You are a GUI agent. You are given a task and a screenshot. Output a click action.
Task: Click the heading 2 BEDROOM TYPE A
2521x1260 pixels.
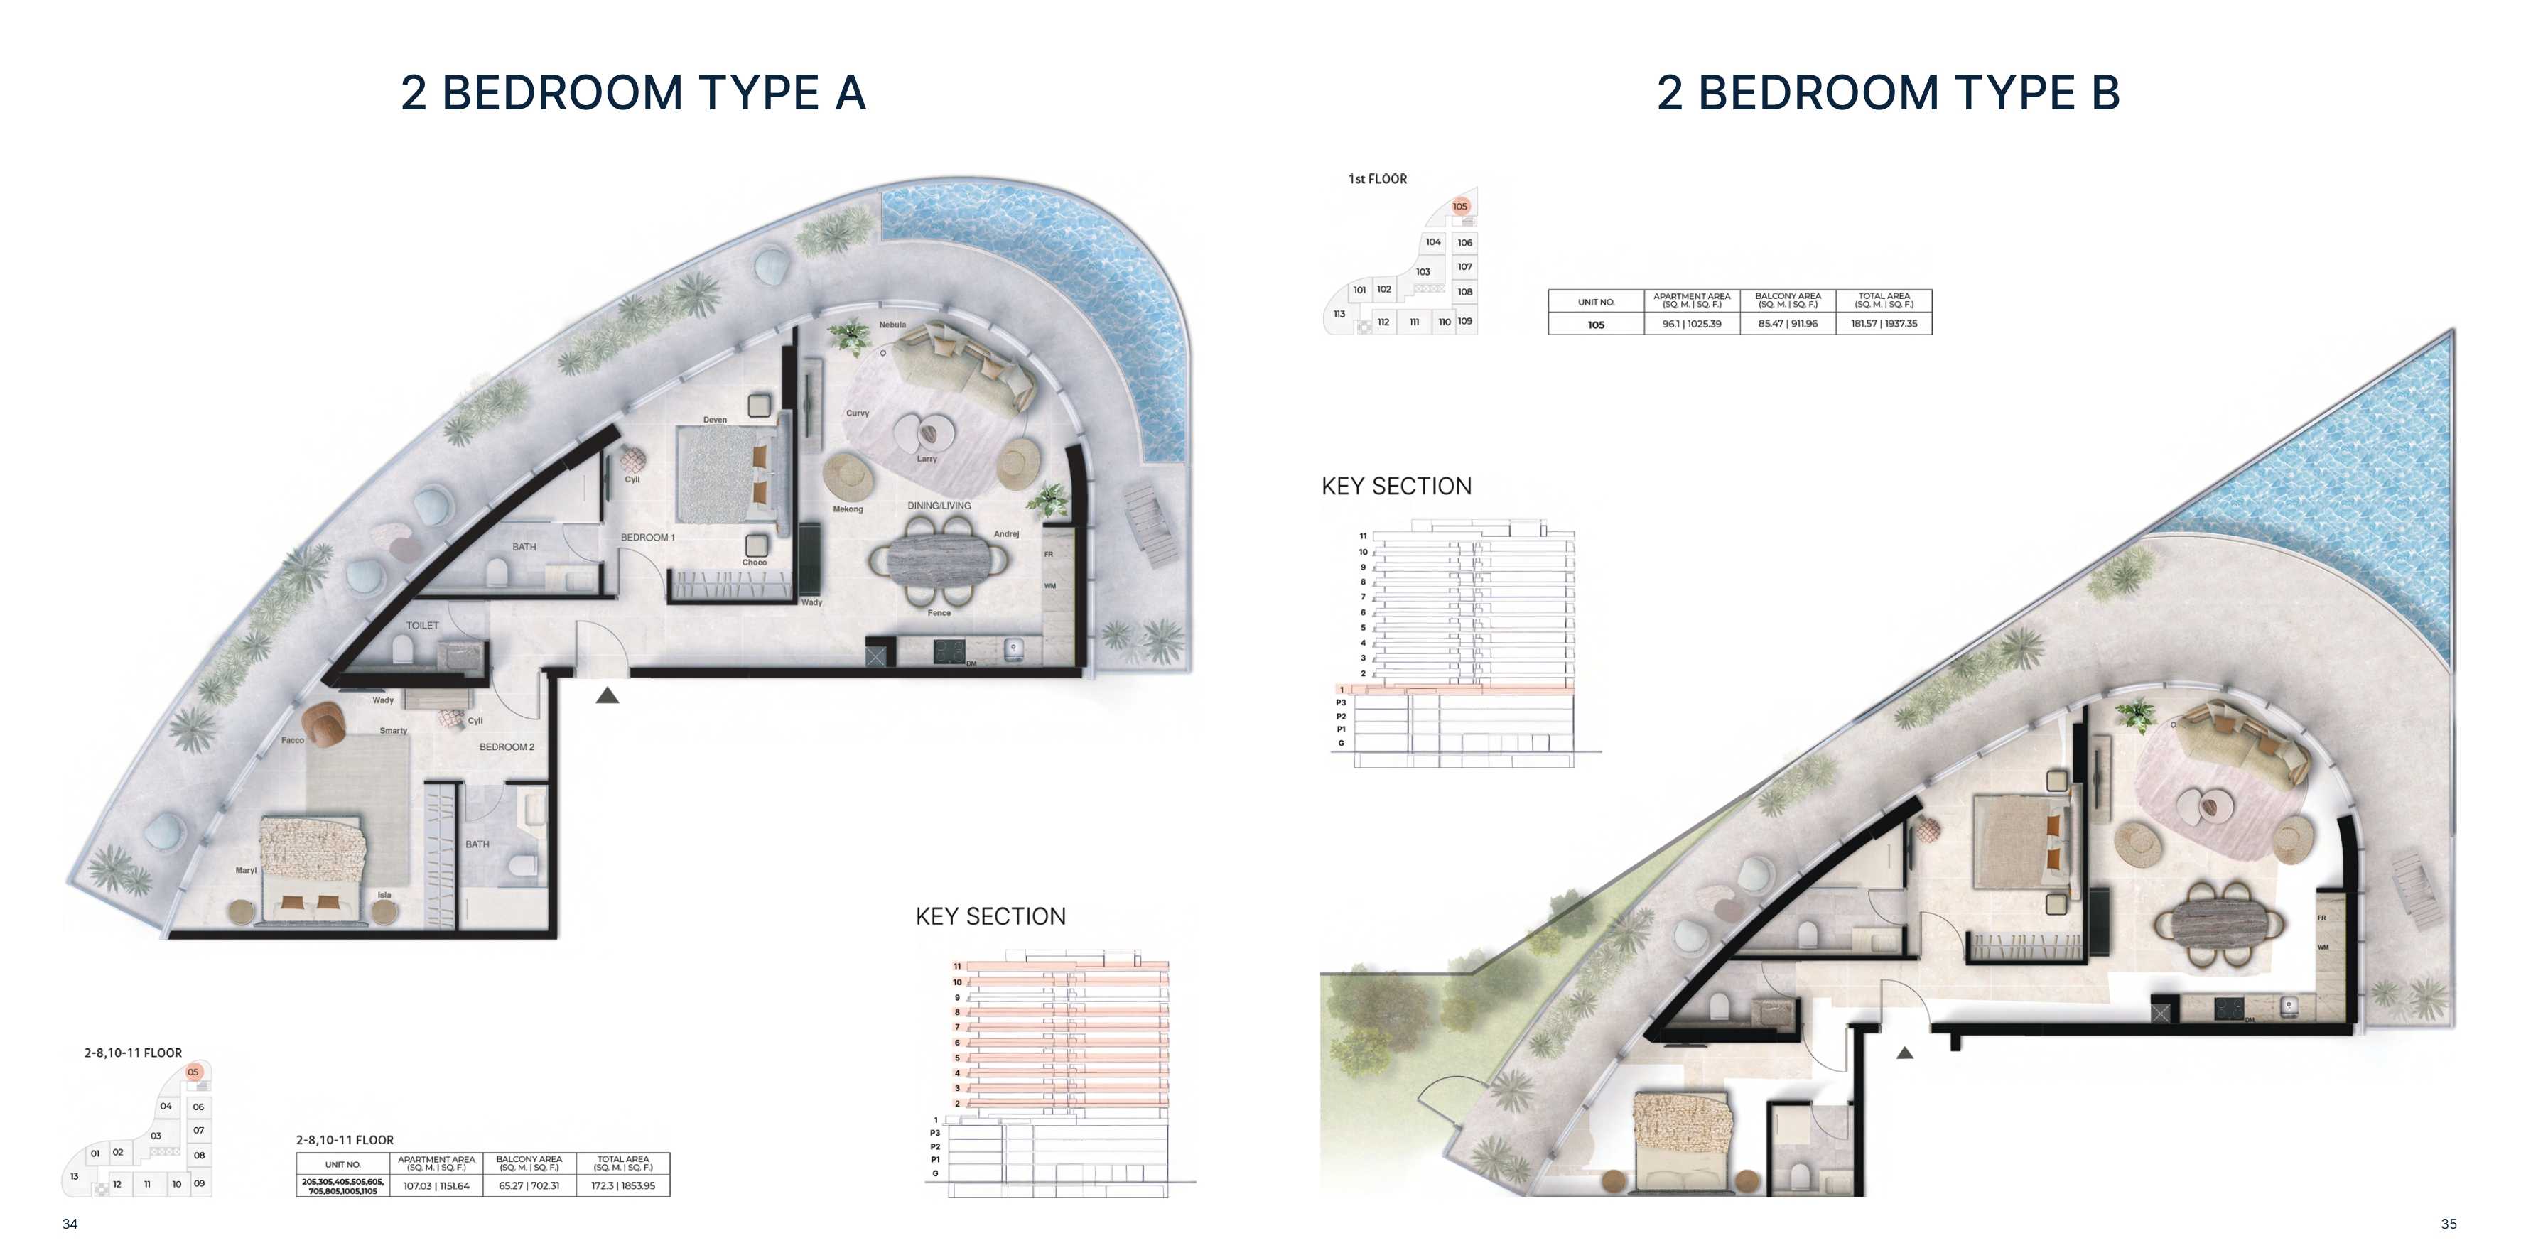click(633, 93)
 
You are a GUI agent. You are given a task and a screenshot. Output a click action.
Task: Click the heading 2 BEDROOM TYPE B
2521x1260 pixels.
click(1888, 93)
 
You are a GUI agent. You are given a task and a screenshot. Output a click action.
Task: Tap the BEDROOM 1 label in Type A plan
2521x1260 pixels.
click(647, 537)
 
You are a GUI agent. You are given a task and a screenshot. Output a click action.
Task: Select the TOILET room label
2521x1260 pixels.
click(422, 625)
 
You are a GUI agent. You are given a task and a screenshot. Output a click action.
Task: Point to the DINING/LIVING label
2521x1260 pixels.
click(939, 506)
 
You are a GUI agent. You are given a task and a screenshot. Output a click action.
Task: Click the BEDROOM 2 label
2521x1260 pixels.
click(506, 746)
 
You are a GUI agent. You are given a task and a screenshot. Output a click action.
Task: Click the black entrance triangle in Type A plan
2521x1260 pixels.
click(607, 695)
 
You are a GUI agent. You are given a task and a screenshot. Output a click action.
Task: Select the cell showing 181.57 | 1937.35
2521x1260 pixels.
click(1884, 324)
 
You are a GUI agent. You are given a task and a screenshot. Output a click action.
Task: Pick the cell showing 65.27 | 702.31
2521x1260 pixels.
click(529, 1185)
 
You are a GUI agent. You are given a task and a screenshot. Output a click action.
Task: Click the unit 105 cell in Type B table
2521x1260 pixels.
click(1595, 325)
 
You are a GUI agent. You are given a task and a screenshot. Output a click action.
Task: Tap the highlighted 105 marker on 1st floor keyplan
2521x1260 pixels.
click(1459, 207)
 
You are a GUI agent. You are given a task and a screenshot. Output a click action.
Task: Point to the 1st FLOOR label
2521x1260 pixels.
click(1377, 179)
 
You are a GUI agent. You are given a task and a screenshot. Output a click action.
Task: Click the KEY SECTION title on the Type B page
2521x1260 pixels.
click(1396, 487)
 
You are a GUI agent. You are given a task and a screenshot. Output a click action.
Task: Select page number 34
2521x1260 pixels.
click(70, 1224)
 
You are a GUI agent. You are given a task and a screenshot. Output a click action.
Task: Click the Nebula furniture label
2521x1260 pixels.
click(892, 325)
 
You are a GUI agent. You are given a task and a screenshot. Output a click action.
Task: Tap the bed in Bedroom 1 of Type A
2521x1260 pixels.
click(724, 474)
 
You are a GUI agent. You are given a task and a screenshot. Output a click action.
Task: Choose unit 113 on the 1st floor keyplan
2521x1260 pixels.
click(1339, 314)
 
